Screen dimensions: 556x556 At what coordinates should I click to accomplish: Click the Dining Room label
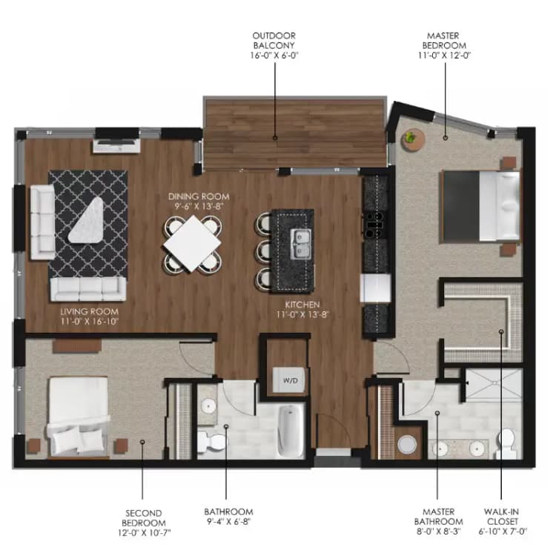(x=198, y=202)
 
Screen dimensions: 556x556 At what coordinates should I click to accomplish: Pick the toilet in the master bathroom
(x=507, y=442)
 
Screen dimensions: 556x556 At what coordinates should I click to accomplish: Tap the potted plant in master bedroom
(x=411, y=138)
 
